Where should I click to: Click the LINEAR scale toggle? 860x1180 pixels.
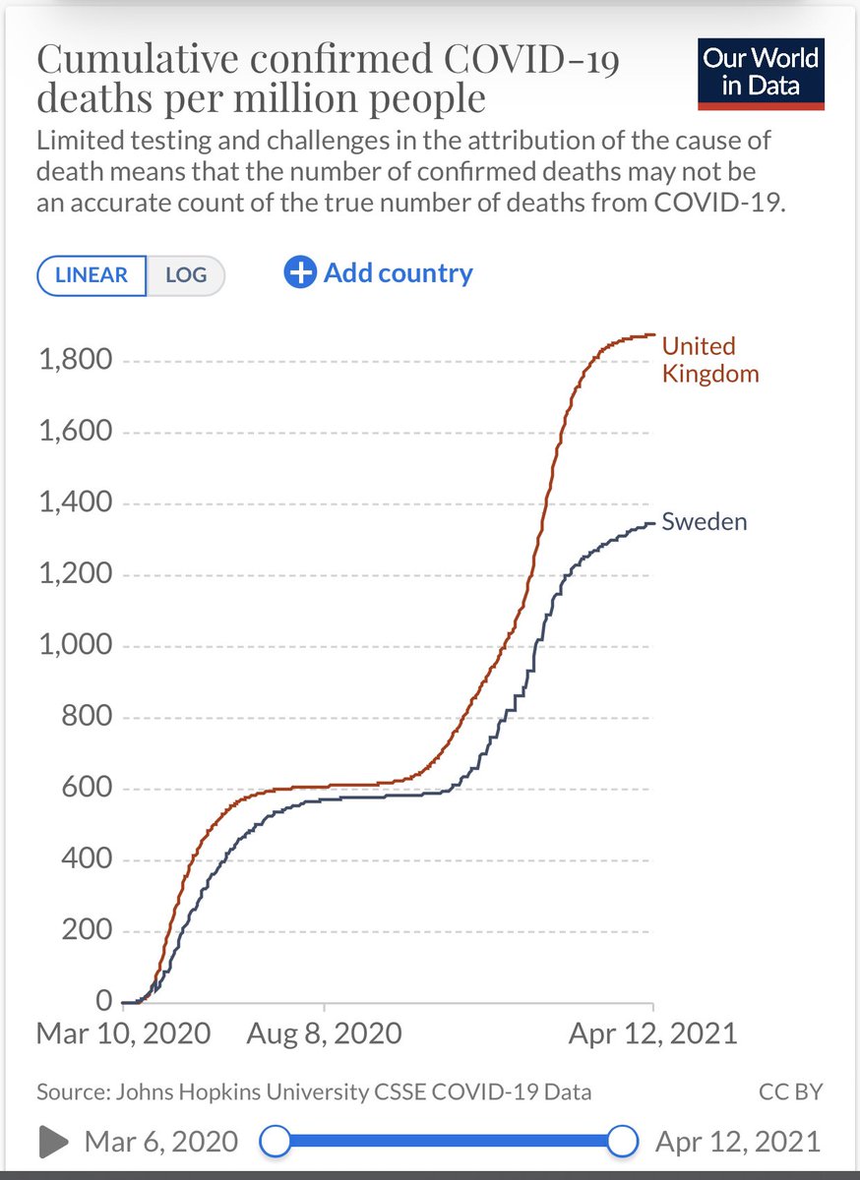[x=92, y=274]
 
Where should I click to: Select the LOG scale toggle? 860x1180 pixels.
[x=185, y=274]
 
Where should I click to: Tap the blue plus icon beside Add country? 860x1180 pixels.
[x=300, y=272]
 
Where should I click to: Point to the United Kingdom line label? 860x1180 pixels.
[x=709, y=360]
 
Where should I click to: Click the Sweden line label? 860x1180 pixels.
[x=704, y=521]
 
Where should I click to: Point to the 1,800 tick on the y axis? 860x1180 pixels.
[x=74, y=361]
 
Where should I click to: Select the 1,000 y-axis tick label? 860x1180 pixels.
[x=74, y=646]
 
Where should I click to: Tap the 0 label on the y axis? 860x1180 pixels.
[x=105, y=1002]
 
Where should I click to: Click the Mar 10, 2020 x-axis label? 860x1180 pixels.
[x=123, y=1033]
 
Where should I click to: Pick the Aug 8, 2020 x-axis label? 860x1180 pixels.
[x=324, y=1033]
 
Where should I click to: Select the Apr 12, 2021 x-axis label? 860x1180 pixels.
[x=652, y=1033]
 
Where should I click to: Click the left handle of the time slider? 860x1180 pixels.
[x=276, y=1142]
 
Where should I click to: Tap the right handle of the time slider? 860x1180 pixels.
[x=622, y=1142]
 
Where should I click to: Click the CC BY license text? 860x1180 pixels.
[x=790, y=1091]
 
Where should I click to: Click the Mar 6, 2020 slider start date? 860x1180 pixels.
[x=161, y=1142]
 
